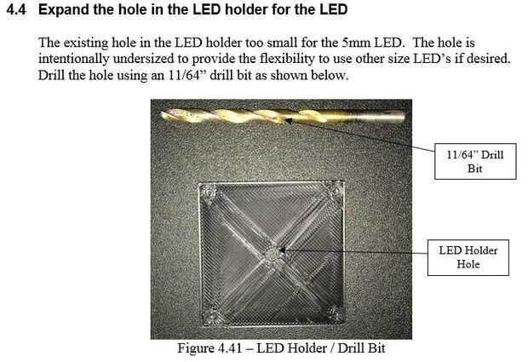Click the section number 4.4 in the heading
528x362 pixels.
coord(16,9)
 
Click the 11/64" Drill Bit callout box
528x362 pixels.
coord(475,161)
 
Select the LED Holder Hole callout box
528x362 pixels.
coord(468,257)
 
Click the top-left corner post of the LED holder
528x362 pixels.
coord(209,192)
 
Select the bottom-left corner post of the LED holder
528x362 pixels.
coord(211,316)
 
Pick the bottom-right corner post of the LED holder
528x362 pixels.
coord(334,313)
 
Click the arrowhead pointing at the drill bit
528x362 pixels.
coord(289,120)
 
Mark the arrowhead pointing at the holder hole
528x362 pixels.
coord(283,250)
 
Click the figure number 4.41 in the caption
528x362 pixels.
coord(230,348)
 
